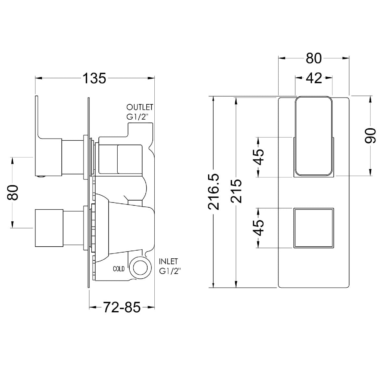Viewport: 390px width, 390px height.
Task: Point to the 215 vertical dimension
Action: [236, 191]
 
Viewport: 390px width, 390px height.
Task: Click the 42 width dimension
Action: [314, 78]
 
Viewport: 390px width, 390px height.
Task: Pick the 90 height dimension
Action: [370, 136]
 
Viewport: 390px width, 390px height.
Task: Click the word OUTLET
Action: [140, 107]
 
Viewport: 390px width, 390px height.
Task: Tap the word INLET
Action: [168, 262]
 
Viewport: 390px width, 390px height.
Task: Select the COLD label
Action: [119, 269]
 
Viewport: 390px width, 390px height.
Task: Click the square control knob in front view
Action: [314, 228]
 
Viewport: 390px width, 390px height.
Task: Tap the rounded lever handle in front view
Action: [314, 136]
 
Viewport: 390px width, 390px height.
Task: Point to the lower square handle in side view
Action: [49, 228]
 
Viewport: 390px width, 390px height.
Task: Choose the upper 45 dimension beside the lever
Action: [258, 157]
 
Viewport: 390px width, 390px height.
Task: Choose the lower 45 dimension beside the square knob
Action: [258, 228]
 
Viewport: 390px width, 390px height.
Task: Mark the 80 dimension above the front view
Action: [314, 58]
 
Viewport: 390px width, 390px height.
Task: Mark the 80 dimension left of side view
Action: [13, 192]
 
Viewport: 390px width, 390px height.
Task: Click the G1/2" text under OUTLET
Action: [136, 117]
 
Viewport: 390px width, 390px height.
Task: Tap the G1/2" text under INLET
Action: [170, 271]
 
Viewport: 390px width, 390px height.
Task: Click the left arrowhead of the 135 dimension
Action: [38, 78]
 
